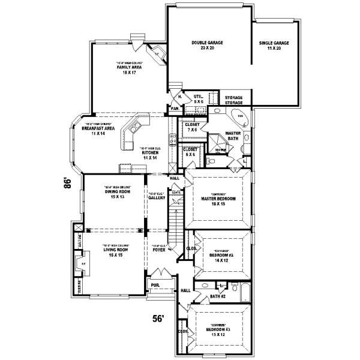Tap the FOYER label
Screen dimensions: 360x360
(x=159, y=250)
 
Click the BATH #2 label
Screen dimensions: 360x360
(x=217, y=296)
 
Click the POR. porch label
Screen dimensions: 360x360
(x=155, y=286)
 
